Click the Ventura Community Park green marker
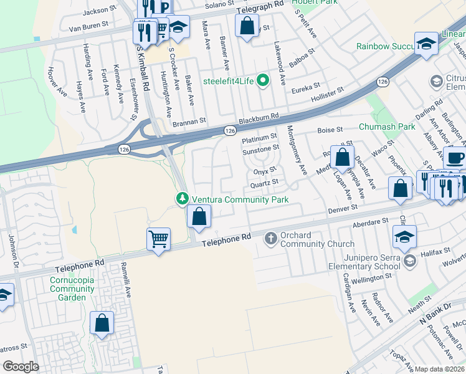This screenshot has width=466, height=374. point(182,199)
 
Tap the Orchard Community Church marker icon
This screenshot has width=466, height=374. point(270,237)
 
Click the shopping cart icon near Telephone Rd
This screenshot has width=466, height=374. point(159,238)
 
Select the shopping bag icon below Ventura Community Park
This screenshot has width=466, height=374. point(199,217)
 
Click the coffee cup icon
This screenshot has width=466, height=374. point(455,158)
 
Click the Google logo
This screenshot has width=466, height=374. point(21,367)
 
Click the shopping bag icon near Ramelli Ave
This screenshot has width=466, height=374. point(102,323)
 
